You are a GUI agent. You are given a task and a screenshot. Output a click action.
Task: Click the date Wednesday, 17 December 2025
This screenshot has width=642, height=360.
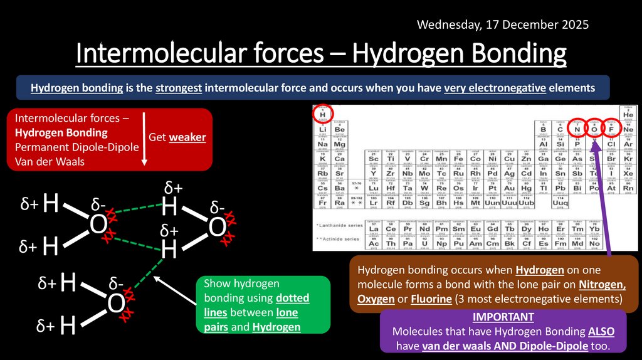(x=502, y=25)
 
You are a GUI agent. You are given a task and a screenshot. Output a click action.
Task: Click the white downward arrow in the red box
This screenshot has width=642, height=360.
(x=144, y=138)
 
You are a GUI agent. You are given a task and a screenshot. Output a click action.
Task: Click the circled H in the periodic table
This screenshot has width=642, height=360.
(x=322, y=114)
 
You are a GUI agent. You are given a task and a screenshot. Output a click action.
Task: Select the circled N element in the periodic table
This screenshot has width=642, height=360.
(x=576, y=129)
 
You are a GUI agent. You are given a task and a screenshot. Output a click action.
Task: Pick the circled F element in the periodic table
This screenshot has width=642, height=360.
(x=611, y=129)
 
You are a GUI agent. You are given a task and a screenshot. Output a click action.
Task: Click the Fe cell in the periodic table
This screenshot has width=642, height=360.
(x=458, y=159)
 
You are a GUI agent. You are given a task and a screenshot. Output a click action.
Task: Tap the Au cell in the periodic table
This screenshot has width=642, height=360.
(x=509, y=188)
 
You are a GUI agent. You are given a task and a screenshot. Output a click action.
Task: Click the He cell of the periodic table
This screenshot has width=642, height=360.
(x=628, y=114)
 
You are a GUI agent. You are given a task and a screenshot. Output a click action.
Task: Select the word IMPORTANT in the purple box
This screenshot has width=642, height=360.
(x=503, y=317)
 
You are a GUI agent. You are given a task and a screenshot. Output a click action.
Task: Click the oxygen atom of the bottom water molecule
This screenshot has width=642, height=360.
(x=115, y=304)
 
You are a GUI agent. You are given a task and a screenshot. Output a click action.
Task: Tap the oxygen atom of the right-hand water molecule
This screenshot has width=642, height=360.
(x=217, y=228)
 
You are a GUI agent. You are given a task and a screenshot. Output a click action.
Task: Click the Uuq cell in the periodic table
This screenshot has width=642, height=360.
(x=560, y=203)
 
